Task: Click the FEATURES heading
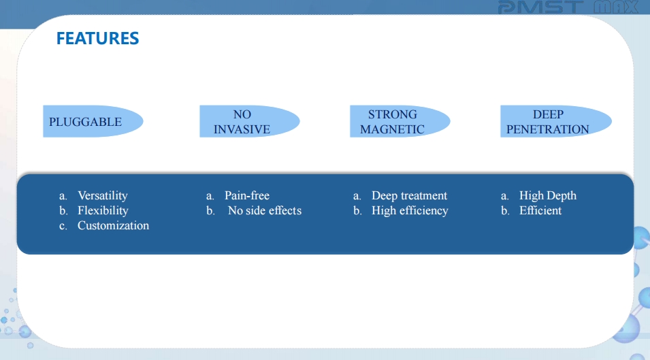97,39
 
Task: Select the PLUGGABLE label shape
93,121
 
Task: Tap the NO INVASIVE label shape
250,121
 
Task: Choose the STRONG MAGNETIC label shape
400,121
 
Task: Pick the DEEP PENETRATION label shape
556,121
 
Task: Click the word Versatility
103,195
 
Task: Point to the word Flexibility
103,210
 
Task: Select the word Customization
113,225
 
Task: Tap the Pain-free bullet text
247,195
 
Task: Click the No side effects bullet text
265,210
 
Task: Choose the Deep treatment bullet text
409,195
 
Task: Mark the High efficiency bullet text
410,210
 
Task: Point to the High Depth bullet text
548,195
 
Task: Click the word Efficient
540,210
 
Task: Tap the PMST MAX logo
568,7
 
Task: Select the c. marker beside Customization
63,226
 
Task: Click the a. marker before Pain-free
210,196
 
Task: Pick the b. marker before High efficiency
357,211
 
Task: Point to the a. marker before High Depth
504,196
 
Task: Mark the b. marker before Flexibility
63,211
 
